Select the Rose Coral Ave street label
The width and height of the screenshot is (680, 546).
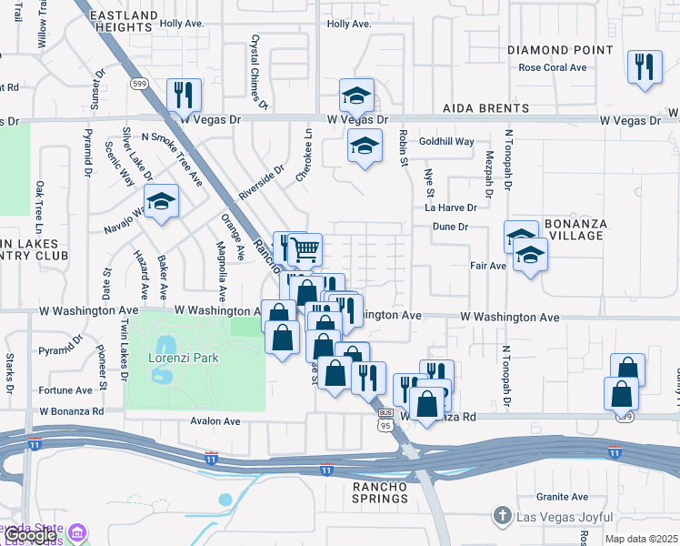553,67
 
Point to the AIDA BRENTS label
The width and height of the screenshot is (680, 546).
481,107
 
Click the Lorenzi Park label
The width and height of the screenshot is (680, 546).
184,358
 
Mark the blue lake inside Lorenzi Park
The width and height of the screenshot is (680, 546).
165,345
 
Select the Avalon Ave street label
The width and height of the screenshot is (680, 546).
215,421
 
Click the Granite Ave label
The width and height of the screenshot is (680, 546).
562,497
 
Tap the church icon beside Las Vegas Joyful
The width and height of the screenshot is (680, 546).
501,516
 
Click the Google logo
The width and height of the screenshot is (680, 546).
31,536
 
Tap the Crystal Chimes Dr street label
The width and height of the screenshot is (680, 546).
257,73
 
